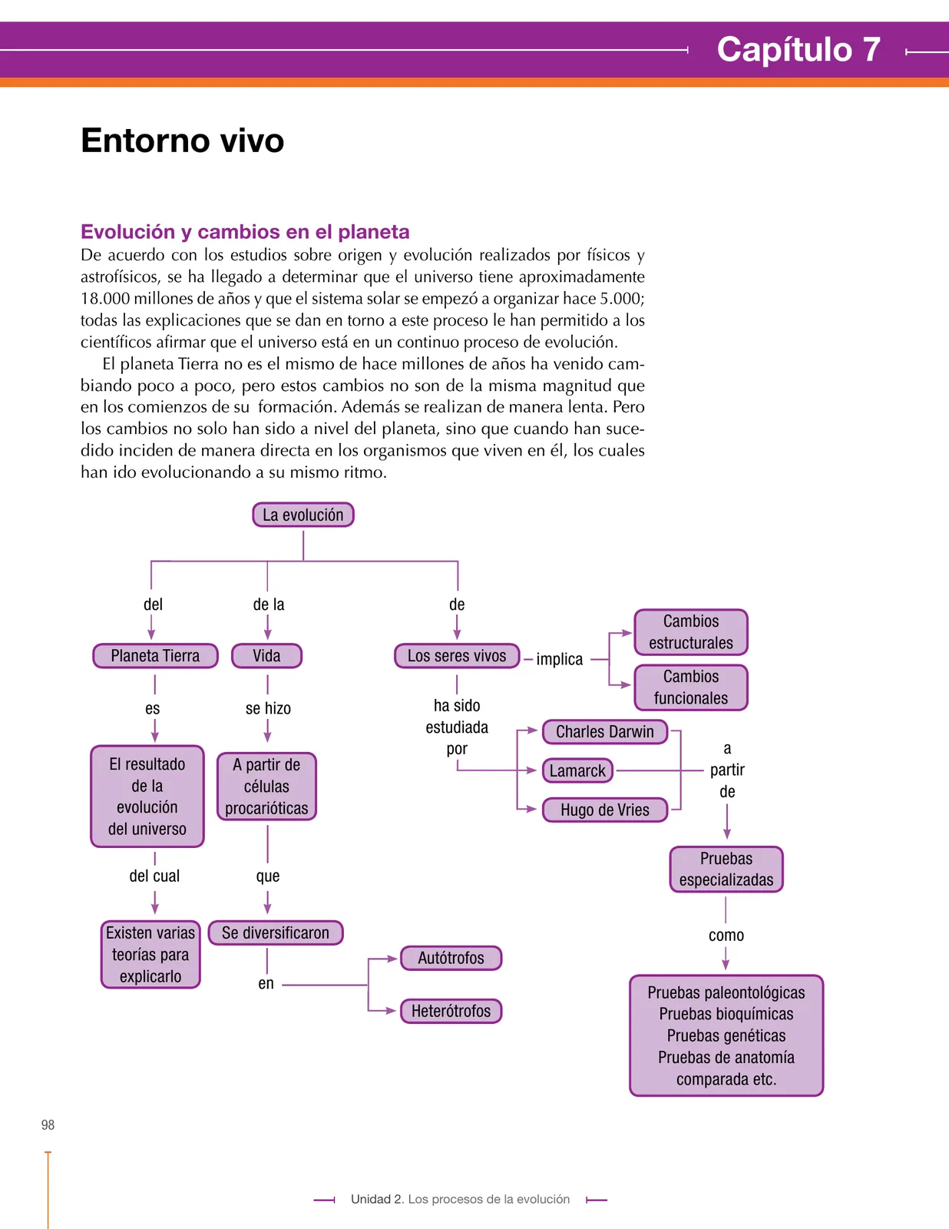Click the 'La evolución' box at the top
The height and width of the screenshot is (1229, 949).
[x=303, y=515]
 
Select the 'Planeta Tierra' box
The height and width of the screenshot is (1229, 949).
[x=155, y=655]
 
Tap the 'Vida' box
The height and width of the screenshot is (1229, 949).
[x=266, y=655]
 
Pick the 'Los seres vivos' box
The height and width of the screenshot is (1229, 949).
[x=457, y=655]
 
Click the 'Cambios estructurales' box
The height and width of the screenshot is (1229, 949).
[x=691, y=631]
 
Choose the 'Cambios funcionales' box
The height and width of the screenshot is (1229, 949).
[x=691, y=687]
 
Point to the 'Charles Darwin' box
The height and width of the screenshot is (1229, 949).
[x=605, y=731]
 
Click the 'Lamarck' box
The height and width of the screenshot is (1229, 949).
[x=577, y=770]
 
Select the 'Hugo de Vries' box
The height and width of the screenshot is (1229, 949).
[x=605, y=810]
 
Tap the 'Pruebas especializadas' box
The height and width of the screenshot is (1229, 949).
[x=726, y=869]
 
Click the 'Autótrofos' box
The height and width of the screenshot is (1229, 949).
[x=451, y=958]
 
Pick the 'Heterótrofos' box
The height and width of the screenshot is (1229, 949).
[x=451, y=1011]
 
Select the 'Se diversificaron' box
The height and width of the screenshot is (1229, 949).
[x=276, y=933]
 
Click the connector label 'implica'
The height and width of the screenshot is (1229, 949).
[x=559, y=659]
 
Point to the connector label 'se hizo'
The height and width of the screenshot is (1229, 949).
[x=268, y=708]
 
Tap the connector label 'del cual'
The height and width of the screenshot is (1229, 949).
[x=154, y=876]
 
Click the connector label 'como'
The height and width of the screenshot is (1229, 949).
[x=726, y=935]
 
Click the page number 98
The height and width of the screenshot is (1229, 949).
[x=48, y=1125]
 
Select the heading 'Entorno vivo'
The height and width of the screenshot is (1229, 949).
[x=182, y=140]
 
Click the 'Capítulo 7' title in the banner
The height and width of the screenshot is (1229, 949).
[x=798, y=49]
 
